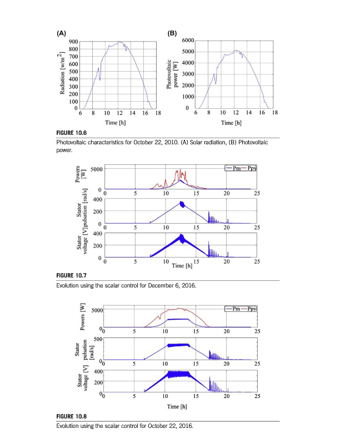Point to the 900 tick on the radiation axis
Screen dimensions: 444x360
pyautogui.click(x=73, y=42)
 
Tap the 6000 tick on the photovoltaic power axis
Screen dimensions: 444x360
pyautogui.click(x=187, y=41)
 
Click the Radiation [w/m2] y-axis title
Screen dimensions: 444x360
pyautogui.click(x=63, y=73)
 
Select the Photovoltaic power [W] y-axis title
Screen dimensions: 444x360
pyautogui.click(x=172, y=75)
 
